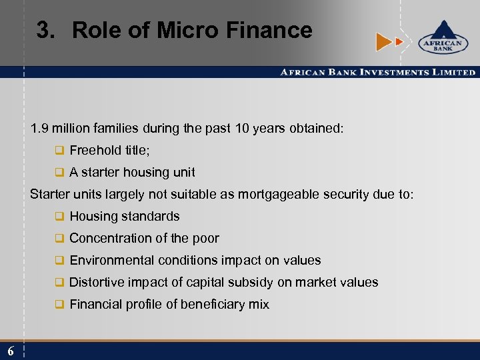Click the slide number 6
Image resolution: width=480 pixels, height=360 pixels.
pos(11,351)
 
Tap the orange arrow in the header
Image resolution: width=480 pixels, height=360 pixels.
pos(384,42)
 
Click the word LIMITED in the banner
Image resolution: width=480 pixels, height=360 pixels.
pos(455,72)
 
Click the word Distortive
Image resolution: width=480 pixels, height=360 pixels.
pos(97,283)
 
